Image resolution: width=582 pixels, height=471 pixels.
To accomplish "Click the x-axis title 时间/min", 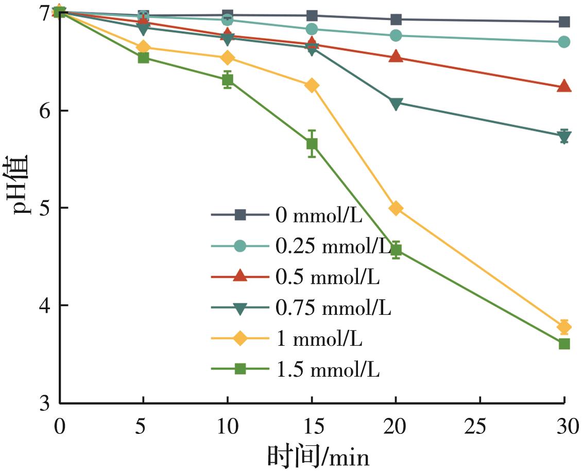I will click(318, 457).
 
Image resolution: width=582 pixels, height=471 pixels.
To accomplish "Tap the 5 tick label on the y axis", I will click(45, 208).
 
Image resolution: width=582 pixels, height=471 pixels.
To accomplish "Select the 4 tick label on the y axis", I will click(45, 306).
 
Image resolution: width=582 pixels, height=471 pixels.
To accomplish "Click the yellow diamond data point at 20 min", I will click(396, 208).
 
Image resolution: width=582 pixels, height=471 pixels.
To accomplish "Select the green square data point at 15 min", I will click(312, 144).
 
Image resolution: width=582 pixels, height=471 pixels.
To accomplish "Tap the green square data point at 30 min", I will click(564, 344).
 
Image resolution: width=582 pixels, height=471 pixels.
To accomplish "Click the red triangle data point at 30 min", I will click(564, 86).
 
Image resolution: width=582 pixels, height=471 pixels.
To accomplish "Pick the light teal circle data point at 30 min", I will click(564, 42).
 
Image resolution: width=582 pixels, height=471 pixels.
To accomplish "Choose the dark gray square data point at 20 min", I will click(396, 20).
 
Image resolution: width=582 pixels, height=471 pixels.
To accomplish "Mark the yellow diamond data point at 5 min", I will click(143, 47).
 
